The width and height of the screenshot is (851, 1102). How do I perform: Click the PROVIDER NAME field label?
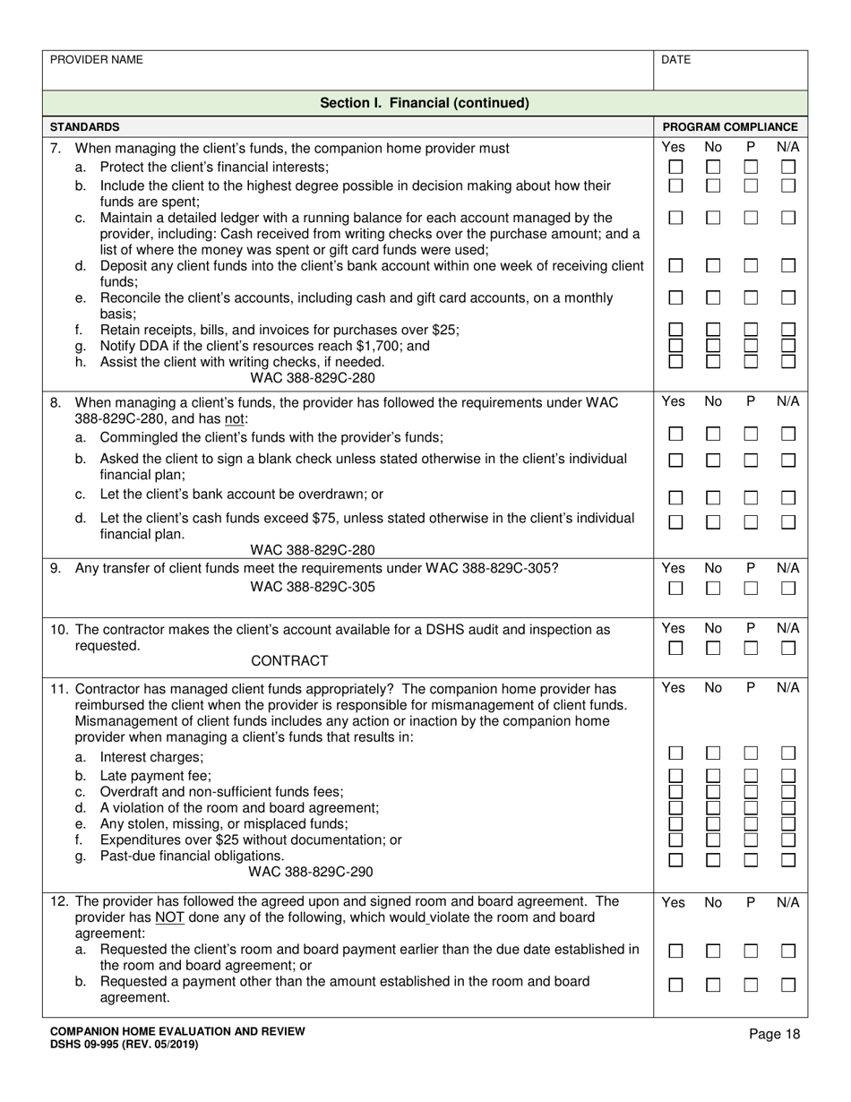tap(96, 60)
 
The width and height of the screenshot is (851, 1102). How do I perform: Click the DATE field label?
tap(675, 60)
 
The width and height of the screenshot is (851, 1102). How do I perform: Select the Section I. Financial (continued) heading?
tap(425, 103)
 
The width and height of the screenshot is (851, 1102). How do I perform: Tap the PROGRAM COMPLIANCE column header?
tap(729, 127)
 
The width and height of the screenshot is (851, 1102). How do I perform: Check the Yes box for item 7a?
tap(676, 168)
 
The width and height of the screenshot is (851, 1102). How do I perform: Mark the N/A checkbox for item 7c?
tap(788, 218)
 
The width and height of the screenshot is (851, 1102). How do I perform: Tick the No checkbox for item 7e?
tap(713, 297)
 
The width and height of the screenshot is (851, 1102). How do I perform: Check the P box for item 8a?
tap(751, 435)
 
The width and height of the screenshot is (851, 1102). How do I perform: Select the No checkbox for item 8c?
tap(713, 497)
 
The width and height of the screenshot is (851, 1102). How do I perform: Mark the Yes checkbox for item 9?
tap(676, 589)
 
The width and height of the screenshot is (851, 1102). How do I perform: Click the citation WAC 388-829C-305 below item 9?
tap(313, 588)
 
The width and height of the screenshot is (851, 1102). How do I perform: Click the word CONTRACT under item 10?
tap(289, 661)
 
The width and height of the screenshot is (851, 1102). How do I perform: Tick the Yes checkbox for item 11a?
tap(676, 754)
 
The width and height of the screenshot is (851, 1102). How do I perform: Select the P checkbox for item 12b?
tap(751, 986)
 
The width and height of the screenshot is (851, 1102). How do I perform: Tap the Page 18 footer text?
tap(775, 1035)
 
